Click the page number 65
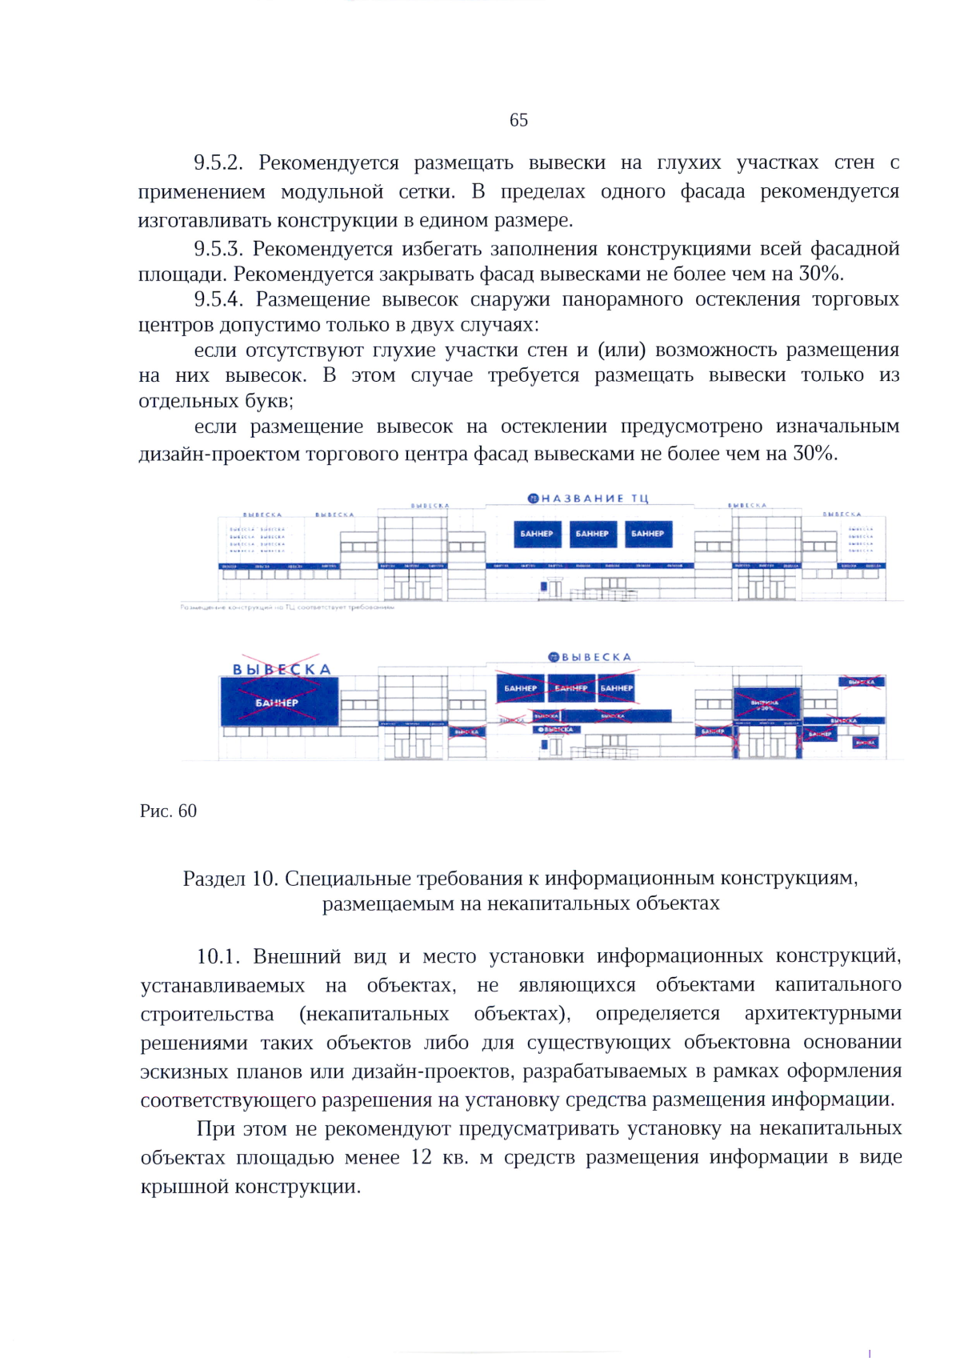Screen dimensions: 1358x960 pos(518,120)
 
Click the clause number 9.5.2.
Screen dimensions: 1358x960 pos(218,163)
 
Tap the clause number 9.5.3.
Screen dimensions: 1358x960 pos(218,249)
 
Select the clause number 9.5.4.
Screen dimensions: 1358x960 pos(218,299)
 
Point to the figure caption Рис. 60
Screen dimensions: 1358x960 pos(168,811)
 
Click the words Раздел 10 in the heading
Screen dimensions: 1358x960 pos(229,879)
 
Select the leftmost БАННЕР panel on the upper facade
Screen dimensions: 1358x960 pos(536,534)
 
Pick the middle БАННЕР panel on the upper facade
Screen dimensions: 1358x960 pos(592,534)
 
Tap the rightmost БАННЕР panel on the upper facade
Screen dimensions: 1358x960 pos(647,534)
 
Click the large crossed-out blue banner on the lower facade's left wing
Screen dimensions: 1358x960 pos(278,702)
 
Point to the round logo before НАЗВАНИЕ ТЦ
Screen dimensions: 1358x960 pos(533,499)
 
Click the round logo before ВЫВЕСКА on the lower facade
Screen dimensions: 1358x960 pos(553,657)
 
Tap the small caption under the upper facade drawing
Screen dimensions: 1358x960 pos(288,607)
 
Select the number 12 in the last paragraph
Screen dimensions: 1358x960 pos(421,1157)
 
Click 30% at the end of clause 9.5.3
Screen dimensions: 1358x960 pos(819,274)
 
